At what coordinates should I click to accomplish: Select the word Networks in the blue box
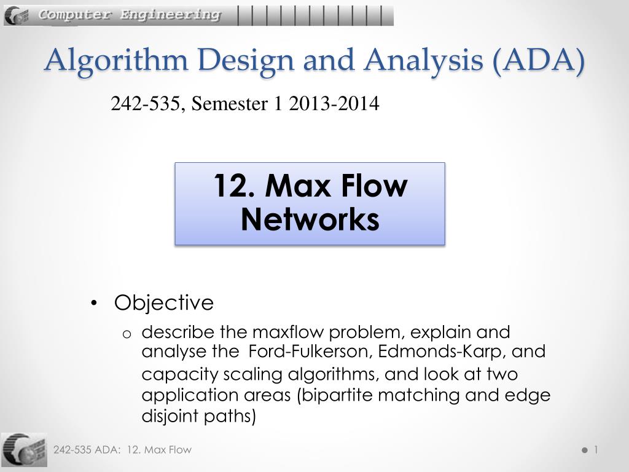pyautogui.click(x=310, y=219)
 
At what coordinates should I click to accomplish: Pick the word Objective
pyautogui.click(x=163, y=303)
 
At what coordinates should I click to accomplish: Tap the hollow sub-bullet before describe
pyautogui.click(x=127, y=334)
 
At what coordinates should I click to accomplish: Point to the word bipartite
pyautogui.click(x=337, y=395)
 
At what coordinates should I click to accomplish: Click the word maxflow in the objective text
pyautogui.click(x=288, y=332)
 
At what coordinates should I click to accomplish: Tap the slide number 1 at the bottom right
pyautogui.click(x=595, y=450)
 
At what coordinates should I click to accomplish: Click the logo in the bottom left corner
pyautogui.click(x=24, y=450)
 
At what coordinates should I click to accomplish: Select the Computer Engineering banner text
pyautogui.click(x=130, y=15)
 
